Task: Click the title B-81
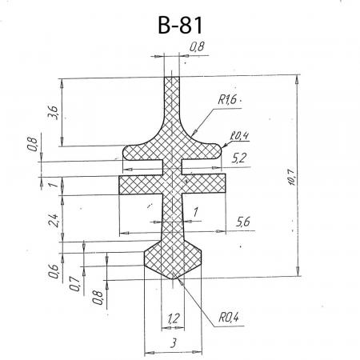180,25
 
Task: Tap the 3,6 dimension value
53,113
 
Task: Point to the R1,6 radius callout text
227,100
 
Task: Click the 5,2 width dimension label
238,158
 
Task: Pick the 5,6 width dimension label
243,222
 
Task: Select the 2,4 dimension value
54,220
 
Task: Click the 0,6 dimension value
54,271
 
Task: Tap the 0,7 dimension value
75,283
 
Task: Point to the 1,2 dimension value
174,318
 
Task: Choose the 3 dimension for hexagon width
174,343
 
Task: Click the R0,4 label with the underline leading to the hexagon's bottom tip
229,318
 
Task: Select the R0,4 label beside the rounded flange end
239,136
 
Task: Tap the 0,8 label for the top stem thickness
197,46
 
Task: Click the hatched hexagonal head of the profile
173,258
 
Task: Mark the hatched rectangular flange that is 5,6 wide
172,184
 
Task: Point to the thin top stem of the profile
172,98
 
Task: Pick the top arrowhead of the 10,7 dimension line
298,80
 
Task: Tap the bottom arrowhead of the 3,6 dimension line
62,142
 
